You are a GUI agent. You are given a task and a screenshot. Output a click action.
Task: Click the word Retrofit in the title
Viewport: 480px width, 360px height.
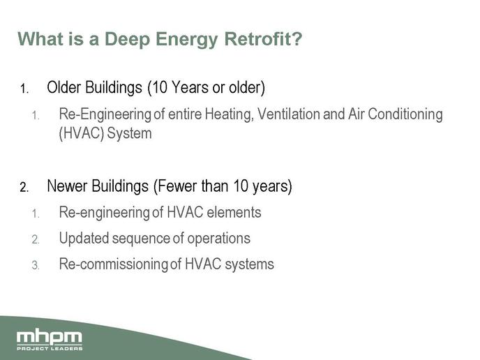pos(263,39)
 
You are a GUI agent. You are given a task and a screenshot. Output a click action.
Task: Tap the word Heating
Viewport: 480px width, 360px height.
pos(230,114)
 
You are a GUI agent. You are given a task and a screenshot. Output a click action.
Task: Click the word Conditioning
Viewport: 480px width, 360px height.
pos(405,114)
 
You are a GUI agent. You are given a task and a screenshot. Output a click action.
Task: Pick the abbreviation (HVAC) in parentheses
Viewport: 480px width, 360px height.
pos(82,133)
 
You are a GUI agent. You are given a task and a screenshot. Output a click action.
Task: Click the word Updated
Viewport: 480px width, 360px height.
pos(84,239)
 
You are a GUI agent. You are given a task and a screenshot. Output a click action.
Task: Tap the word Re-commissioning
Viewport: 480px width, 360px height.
pos(114,264)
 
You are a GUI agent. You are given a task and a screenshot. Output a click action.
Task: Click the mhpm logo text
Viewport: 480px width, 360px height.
pos(50,337)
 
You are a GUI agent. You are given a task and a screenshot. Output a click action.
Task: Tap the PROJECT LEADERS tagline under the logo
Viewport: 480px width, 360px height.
pos(50,348)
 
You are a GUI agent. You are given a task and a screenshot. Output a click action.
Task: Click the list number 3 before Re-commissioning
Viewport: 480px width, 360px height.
pos(36,265)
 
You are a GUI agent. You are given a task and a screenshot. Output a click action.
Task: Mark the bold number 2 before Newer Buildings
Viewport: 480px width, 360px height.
pos(24,187)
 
